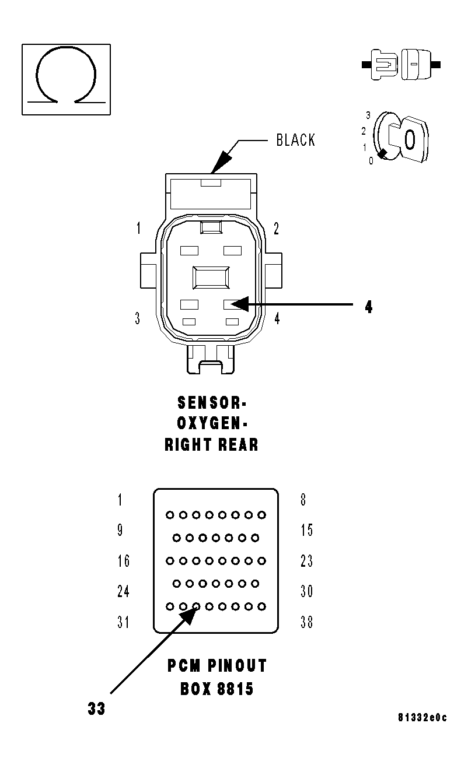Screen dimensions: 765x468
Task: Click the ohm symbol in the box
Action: tap(66, 75)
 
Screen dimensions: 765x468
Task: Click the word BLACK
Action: tap(295, 141)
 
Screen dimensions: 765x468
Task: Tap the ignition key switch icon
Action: tap(401, 137)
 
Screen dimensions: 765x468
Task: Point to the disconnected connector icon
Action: tap(401, 64)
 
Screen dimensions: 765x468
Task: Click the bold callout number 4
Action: tap(369, 307)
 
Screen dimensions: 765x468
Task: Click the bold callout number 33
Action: tap(97, 709)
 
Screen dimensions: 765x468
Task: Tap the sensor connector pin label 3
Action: tap(137, 319)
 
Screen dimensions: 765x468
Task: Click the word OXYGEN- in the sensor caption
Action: tap(211, 423)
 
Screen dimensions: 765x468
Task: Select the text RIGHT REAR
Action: tap(211, 445)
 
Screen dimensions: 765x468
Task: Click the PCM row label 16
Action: tap(123, 562)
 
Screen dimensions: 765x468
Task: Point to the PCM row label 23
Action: tap(306, 562)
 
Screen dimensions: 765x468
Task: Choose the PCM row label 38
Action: tap(306, 623)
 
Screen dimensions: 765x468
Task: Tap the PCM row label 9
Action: tap(120, 531)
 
